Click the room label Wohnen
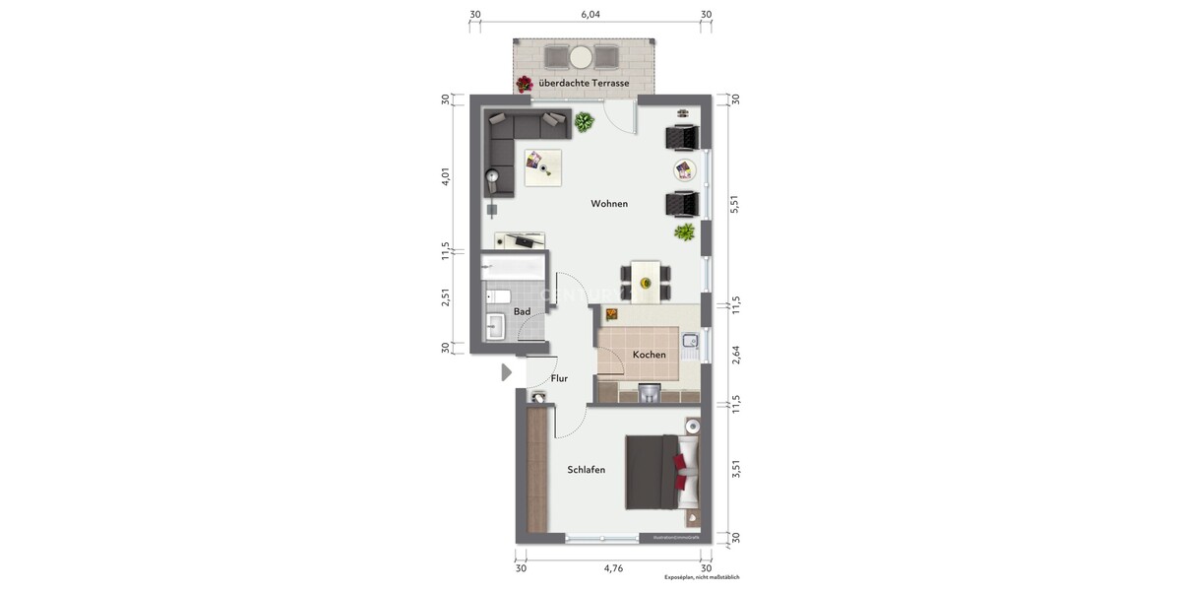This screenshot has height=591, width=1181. [x=609, y=204]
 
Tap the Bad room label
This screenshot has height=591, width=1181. [x=522, y=311]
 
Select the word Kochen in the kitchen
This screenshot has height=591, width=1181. [x=649, y=355]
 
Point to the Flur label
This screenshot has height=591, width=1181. [x=559, y=378]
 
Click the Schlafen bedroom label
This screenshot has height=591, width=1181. [x=586, y=470]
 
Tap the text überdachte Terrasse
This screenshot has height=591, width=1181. [x=584, y=84]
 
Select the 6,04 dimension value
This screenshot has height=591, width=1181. [x=590, y=15]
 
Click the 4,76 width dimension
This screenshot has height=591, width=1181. [x=613, y=568]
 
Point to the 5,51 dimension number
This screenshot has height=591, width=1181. [x=733, y=204]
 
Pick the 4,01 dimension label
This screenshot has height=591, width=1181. [x=446, y=177]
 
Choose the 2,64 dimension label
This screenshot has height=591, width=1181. [x=733, y=355]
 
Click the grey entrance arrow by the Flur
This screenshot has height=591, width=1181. [x=507, y=372]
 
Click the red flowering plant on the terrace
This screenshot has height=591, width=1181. [x=526, y=84]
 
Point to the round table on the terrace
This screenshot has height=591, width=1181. [x=582, y=55]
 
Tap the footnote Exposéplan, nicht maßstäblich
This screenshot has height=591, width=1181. [x=701, y=578]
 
